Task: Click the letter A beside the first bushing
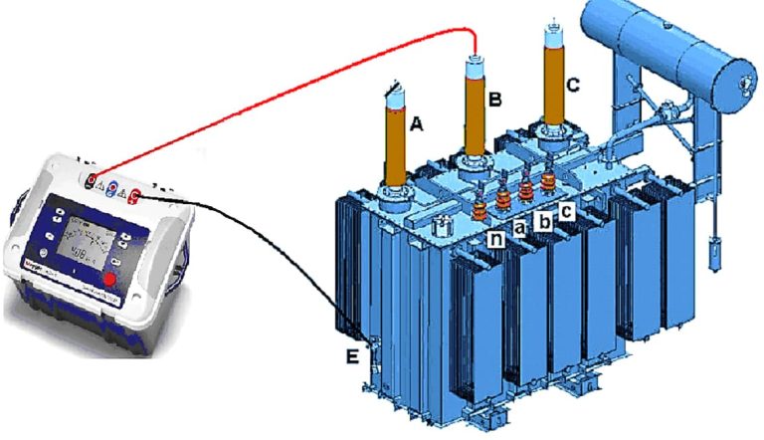[x=417, y=124]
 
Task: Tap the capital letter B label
[x=494, y=98]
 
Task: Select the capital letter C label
[x=572, y=85]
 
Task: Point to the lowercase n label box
[x=494, y=239]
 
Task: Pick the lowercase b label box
[x=543, y=220]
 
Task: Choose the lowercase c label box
[x=566, y=211]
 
